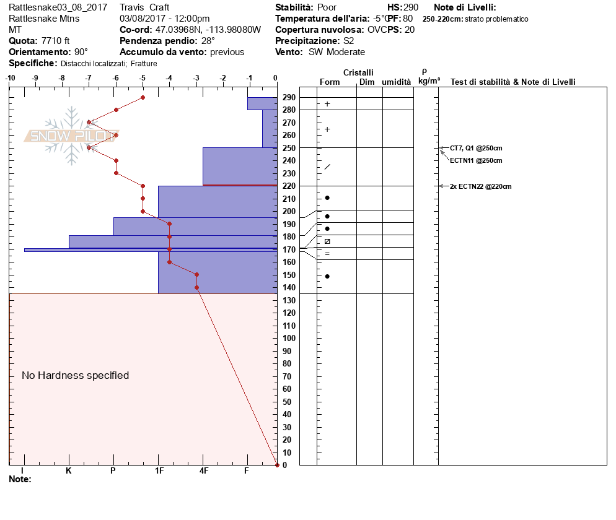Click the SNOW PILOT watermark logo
tap(71, 136)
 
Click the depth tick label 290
tap(289, 98)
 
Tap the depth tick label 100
tap(289, 339)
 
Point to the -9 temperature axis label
tap(35, 78)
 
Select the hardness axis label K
tap(69, 471)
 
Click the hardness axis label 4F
tap(203, 471)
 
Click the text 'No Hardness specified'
tap(75, 375)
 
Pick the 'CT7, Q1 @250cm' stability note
tap(476, 148)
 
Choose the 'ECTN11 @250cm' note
tap(476, 160)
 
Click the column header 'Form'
tap(330, 82)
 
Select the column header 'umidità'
tap(397, 82)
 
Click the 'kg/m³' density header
tap(429, 81)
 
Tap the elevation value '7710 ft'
tap(56, 41)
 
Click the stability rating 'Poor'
tap(327, 7)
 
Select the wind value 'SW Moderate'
tap(337, 52)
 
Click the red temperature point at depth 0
tap(276, 465)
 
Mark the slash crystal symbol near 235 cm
tap(327, 167)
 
